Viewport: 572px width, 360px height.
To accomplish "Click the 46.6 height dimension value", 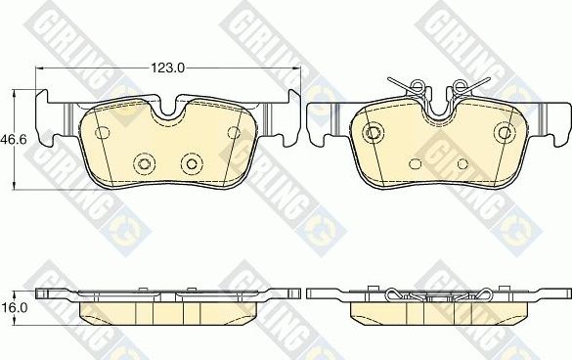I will (x=13, y=141).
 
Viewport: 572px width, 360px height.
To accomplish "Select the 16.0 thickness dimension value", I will (x=13, y=305).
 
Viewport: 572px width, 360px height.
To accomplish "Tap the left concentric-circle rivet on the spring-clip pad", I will (x=372, y=132).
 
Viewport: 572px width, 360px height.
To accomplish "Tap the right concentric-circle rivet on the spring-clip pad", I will (x=504, y=132).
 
